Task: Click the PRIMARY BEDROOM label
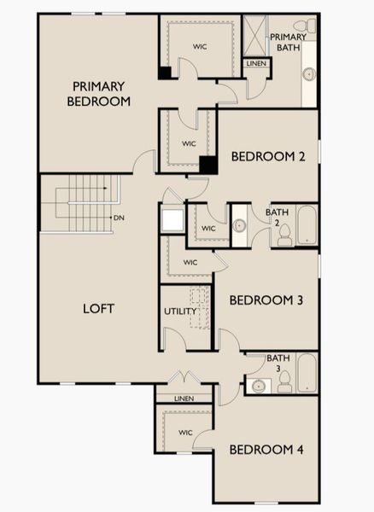tap(99, 93)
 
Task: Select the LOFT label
tap(98, 308)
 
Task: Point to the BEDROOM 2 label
tap(267, 156)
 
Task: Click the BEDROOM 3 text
tap(266, 300)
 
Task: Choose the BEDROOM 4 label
tap(266, 450)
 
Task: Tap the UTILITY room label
tap(181, 311)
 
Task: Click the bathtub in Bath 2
tap(306, 226)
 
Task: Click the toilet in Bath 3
tap(285, 381)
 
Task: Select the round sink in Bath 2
tap(240, 226)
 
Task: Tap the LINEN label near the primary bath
tap(255, 64)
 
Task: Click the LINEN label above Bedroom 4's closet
tap(184, 399)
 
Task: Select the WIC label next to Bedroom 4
tap(185, 433)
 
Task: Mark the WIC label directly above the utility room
tap(190, 262)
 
